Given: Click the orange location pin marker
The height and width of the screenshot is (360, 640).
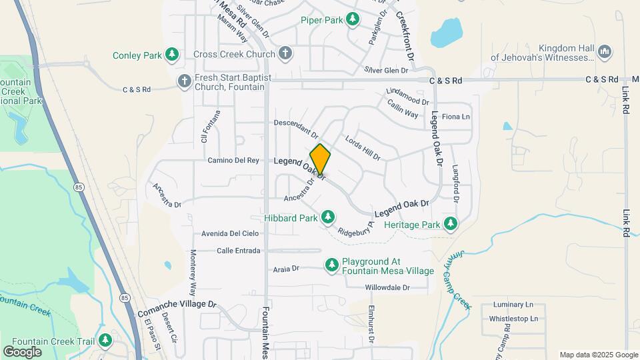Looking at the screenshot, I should click(320, 159).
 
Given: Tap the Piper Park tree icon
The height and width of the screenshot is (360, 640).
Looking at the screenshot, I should click(353, 20).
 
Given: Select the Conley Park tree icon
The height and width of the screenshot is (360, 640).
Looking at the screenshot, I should click(173, 54).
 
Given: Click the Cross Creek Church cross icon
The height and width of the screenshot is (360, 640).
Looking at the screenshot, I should click(285, 54).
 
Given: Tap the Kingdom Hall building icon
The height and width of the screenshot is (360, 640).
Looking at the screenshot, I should click(605, 51).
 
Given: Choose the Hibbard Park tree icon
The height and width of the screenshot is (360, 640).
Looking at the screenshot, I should click(327, 217).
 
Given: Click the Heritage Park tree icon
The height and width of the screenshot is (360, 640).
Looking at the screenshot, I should click(451, 224).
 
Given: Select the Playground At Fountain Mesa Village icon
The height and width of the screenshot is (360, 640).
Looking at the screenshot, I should click(332, 266).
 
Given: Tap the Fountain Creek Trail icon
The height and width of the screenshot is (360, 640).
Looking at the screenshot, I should click(105, 341).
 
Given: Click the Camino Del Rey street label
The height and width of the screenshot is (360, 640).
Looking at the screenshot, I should click(233, 161).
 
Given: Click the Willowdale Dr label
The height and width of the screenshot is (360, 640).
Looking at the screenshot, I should click(396, 288).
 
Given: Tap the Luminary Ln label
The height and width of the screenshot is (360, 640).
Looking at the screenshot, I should click(515, 305).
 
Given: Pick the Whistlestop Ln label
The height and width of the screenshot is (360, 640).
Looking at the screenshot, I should click(513, 319).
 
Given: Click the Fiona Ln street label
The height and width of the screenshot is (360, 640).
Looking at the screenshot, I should click(456, 117).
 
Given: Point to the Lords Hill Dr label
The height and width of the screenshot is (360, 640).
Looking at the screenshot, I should click(362, 148).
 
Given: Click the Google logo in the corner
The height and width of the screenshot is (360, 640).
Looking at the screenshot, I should click(22, 351).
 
